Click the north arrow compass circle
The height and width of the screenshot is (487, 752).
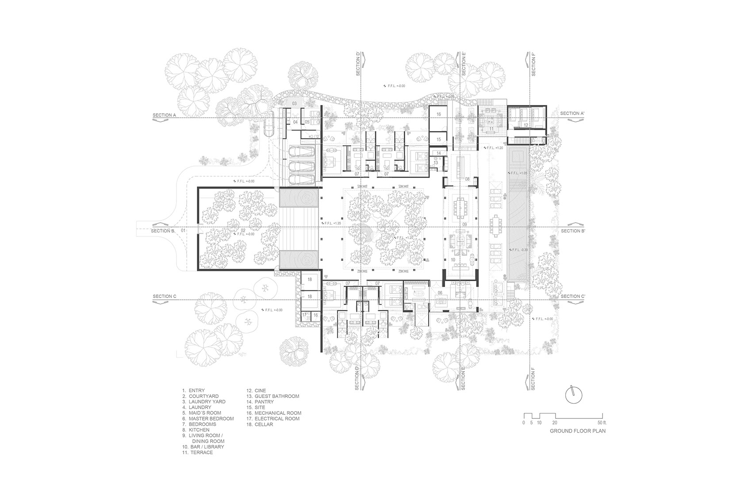[x=574, y=395]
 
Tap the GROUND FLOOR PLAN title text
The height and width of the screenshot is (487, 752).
[x=578, y=431]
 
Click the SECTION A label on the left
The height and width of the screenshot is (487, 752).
[x=164, y=115]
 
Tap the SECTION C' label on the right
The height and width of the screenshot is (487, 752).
[x=572, y=296]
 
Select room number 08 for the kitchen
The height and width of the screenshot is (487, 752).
[x=467, y=179]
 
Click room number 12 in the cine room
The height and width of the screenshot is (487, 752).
[x=526, y=126]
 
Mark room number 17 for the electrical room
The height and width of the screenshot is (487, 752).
[x=305, y=315]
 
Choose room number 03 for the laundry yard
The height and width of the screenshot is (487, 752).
[x=294, y=103]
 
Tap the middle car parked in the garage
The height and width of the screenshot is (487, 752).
[x=302, y=166]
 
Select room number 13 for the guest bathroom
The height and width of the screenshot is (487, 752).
[x=435, y=163]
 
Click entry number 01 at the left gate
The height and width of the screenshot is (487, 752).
[x=184, y=231]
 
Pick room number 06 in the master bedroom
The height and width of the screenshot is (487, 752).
[x=440, y=293]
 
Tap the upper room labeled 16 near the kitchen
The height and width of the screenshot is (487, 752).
[x=439, y=114]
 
